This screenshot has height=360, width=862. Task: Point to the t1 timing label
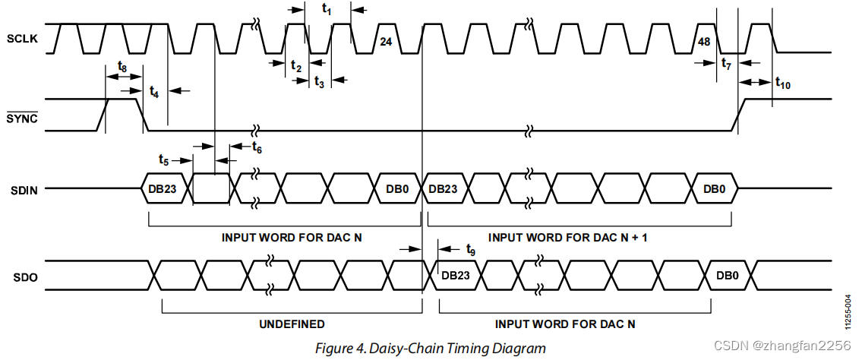click(x=327, y=9)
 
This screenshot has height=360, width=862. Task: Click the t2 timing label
click(x=296, y=66)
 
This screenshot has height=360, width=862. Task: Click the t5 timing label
click(x=164, y=159)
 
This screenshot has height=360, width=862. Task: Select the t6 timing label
click(x=257, y=147)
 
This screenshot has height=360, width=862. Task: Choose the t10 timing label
click(x=783, y=84)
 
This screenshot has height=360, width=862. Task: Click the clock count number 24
click(x=385, y=42)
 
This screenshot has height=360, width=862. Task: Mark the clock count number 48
click(x=703, y=42)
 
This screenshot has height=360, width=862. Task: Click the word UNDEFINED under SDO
click(x=292, y=324)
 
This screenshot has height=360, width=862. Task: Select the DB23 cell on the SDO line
click(x=455, y=275)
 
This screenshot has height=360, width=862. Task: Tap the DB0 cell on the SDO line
click(x=727, y=275)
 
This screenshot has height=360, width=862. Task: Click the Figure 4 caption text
click(x=431, y=349)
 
